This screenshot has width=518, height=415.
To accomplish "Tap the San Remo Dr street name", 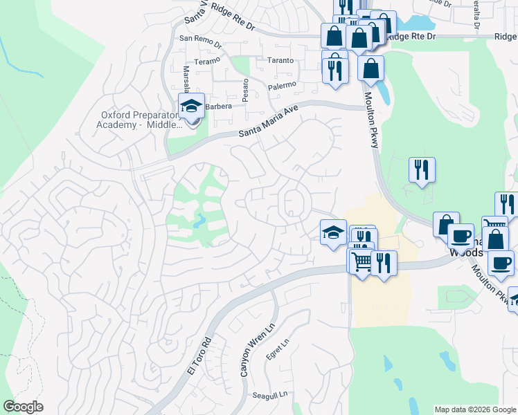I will pyautogui.click(x=200, y=41).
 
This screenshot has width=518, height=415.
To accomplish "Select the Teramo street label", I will pyautogui.click(x=207, y=61).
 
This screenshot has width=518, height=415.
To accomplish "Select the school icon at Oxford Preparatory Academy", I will pyautogui.click(x=191, y=107).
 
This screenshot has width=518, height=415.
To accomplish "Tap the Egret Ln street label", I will pyautogui.click(x=275, y=349).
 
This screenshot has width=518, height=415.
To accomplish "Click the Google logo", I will pyautogui.click(x=23, y=406).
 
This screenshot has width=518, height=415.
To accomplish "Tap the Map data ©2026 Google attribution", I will pyautogui.click(x=474, y=409).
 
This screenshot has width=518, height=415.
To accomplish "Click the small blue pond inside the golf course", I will pyautogui.click(x=200, y=221).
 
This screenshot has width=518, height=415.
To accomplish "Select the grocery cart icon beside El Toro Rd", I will pyautogui.click(x=361, y=261).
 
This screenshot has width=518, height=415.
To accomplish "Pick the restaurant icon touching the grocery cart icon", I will pyautogui.click(x=382, y=262).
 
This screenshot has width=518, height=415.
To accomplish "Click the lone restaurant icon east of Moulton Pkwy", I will pyautogui.click(x=422, y=169).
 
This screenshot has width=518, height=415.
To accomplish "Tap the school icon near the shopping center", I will pyautogui.click(x=333, y=232).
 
